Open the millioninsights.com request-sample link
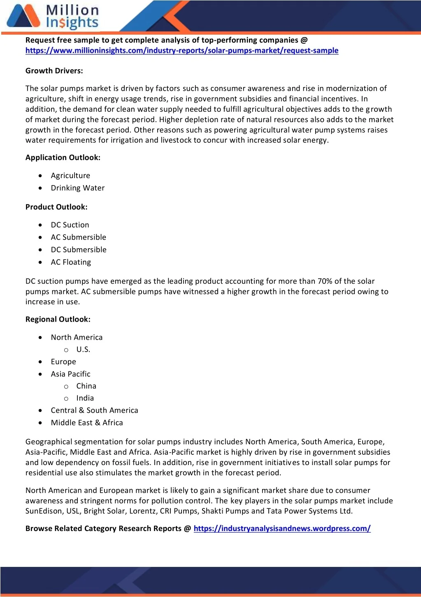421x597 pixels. pyautogui.click(x=181, y=51)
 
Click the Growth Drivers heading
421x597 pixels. pyautogui.click(x=54, y=71)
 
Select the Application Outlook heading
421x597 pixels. pyautogui.click(x=63, y=157)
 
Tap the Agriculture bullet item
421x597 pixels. pyautogui.click(x=70, y=176)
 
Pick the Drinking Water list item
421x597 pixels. pyautogui.click(x=78, y=188)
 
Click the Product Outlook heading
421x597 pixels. pyautogui.click(x=56, y=207)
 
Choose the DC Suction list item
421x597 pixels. pyautogui.click(x=70, y=225)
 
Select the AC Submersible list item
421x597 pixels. pyautogui.click(x=79, y=237)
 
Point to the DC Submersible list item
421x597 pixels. pyautogui.click(x=79, y=250)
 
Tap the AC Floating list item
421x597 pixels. pyautogui.click(x=71, y=262)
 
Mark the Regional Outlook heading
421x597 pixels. pyautogui.click(x=58, y=320)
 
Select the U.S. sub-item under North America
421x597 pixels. pyautogui.click(x=83, y=350)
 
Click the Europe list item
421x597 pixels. pyautogui.click(x=63, y=362)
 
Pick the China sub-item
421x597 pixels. pyautogui.click(x=86, y=386)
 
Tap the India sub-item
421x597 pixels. pyautogui.click(x=85, y=398)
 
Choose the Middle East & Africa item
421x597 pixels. pyautogui.click(x=87, y=423)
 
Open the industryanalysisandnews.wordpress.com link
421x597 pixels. pyautogui.click(x=282, y=529)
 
